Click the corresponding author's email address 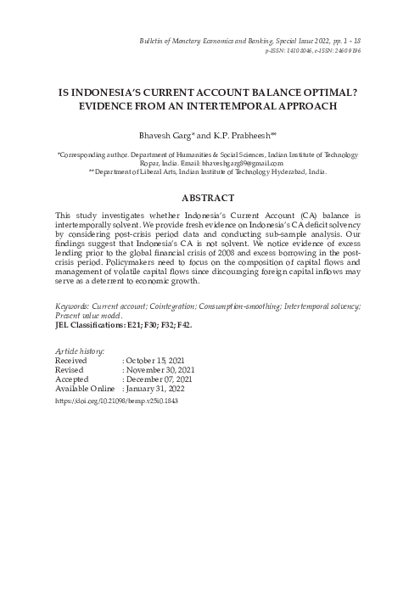[x=246, y=162]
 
